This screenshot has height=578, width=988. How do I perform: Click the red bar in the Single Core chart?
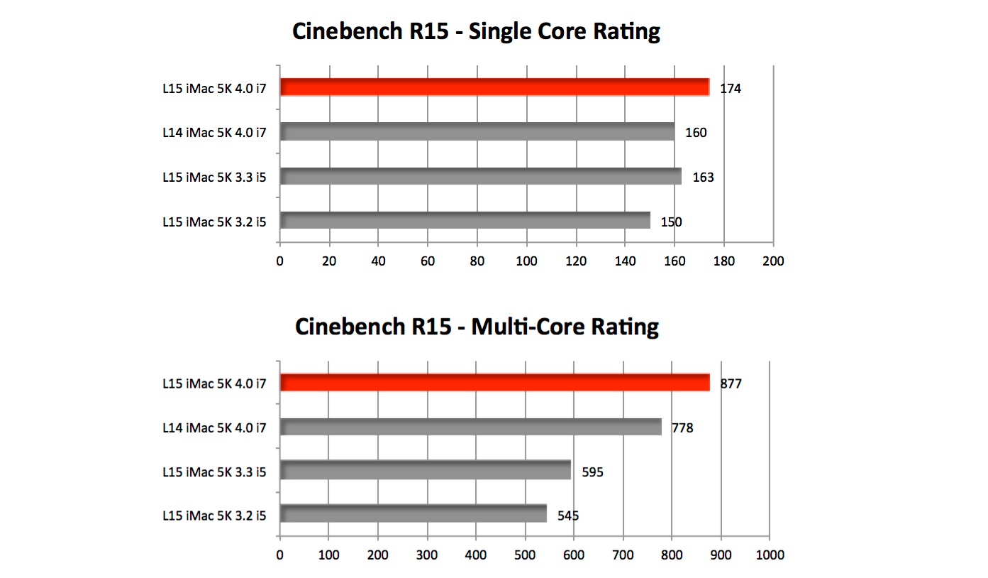(494, 87)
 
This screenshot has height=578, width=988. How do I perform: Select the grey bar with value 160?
(477, 131)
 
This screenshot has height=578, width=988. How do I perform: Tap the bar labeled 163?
(481, 176)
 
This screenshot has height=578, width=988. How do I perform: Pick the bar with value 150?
(465, 220)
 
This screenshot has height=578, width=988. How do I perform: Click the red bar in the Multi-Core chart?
(494, 383)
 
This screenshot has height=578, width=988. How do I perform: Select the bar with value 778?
(471, 427)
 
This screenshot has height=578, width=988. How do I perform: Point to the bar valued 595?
(426, 470)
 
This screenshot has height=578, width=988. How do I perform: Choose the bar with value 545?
(413, 513)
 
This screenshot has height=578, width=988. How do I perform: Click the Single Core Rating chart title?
(476, 32)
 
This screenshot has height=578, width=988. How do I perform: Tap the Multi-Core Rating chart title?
(477, 327)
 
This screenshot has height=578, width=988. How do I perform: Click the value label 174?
(731, 89)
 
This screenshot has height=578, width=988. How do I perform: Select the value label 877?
(731, 384)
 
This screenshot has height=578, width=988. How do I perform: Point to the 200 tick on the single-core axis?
(772, 261)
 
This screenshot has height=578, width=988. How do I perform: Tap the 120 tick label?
(576, 261)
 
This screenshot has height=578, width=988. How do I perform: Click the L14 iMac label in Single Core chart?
(213, 133)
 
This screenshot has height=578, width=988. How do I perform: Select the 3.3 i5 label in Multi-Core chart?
(213, 471)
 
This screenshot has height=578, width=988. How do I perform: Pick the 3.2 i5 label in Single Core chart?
(213, 222)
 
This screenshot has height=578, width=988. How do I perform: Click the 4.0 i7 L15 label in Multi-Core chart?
(213, 384)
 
